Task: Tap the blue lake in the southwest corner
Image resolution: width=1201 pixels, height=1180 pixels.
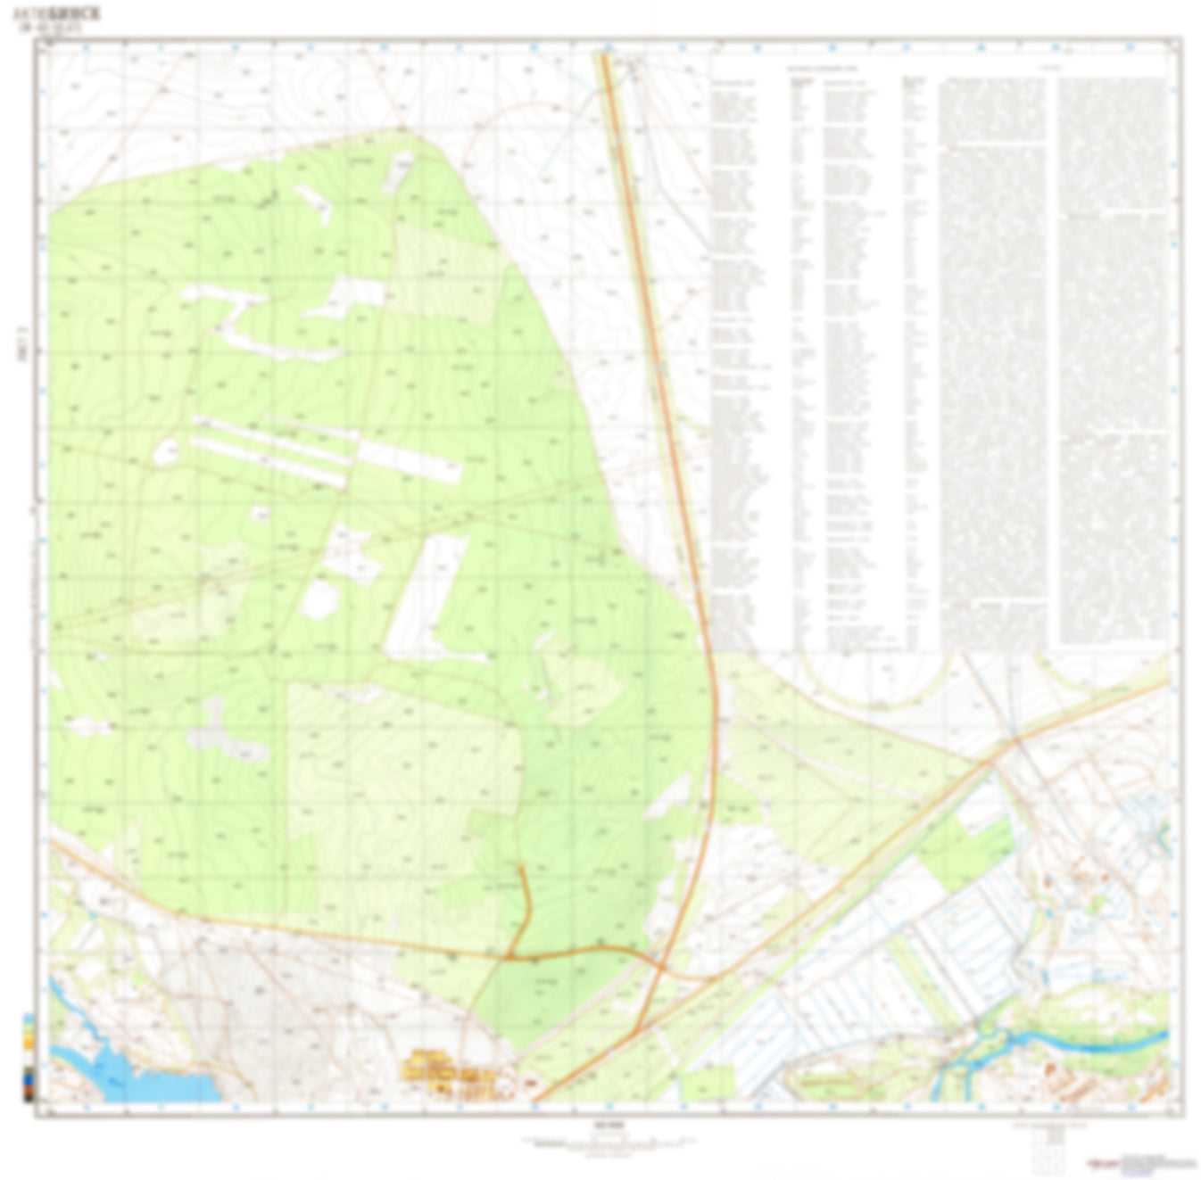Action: point(134,1076)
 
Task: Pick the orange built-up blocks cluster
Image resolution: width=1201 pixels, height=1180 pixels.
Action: point(445,1069)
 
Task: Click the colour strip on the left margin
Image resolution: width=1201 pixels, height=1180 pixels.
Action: point(29,1058)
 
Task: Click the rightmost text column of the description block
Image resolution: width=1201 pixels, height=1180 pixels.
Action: point(1113,357)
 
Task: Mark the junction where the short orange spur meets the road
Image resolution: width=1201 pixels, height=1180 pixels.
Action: point(511,956)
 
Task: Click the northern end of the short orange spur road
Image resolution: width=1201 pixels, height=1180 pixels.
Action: point(520,867)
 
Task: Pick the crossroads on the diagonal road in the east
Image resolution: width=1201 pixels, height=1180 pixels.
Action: point(1015,740)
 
